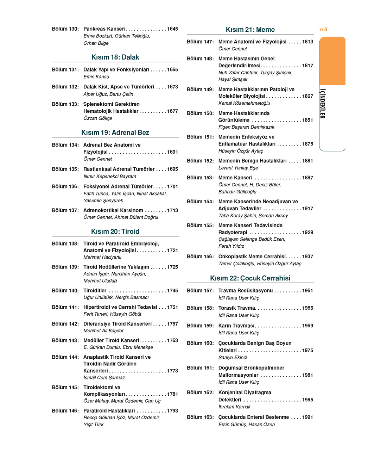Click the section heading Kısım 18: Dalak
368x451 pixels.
tap(115, 57)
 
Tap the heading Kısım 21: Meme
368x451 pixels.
tap(250, 30)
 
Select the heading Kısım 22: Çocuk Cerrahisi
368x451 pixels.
tap(250, 278)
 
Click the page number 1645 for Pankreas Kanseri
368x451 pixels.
tap(172, 29)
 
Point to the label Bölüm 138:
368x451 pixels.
tap(65, 243)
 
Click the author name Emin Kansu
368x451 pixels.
tap(96, 76)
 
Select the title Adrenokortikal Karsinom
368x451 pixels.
tap(113, 210)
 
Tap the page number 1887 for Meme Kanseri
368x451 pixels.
tap(307, 178)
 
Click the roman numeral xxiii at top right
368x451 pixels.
tap(323, 30)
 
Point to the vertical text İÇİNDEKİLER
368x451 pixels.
tap(322, 104)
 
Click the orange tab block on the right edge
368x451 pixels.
tap(332, 61)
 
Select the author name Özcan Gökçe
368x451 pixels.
tap(97, 118)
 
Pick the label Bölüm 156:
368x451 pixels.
tap(200, 257)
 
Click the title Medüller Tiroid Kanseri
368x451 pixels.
tap(111, 340)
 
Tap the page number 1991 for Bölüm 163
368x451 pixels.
tap(307, 417)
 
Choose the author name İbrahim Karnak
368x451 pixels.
tap(234, 407)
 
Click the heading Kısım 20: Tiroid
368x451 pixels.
tap(115, 231)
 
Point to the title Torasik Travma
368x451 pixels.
tap(236, 308)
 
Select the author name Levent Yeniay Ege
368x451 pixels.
tap(238, 168)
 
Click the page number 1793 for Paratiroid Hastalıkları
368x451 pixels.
tap(172, 411)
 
